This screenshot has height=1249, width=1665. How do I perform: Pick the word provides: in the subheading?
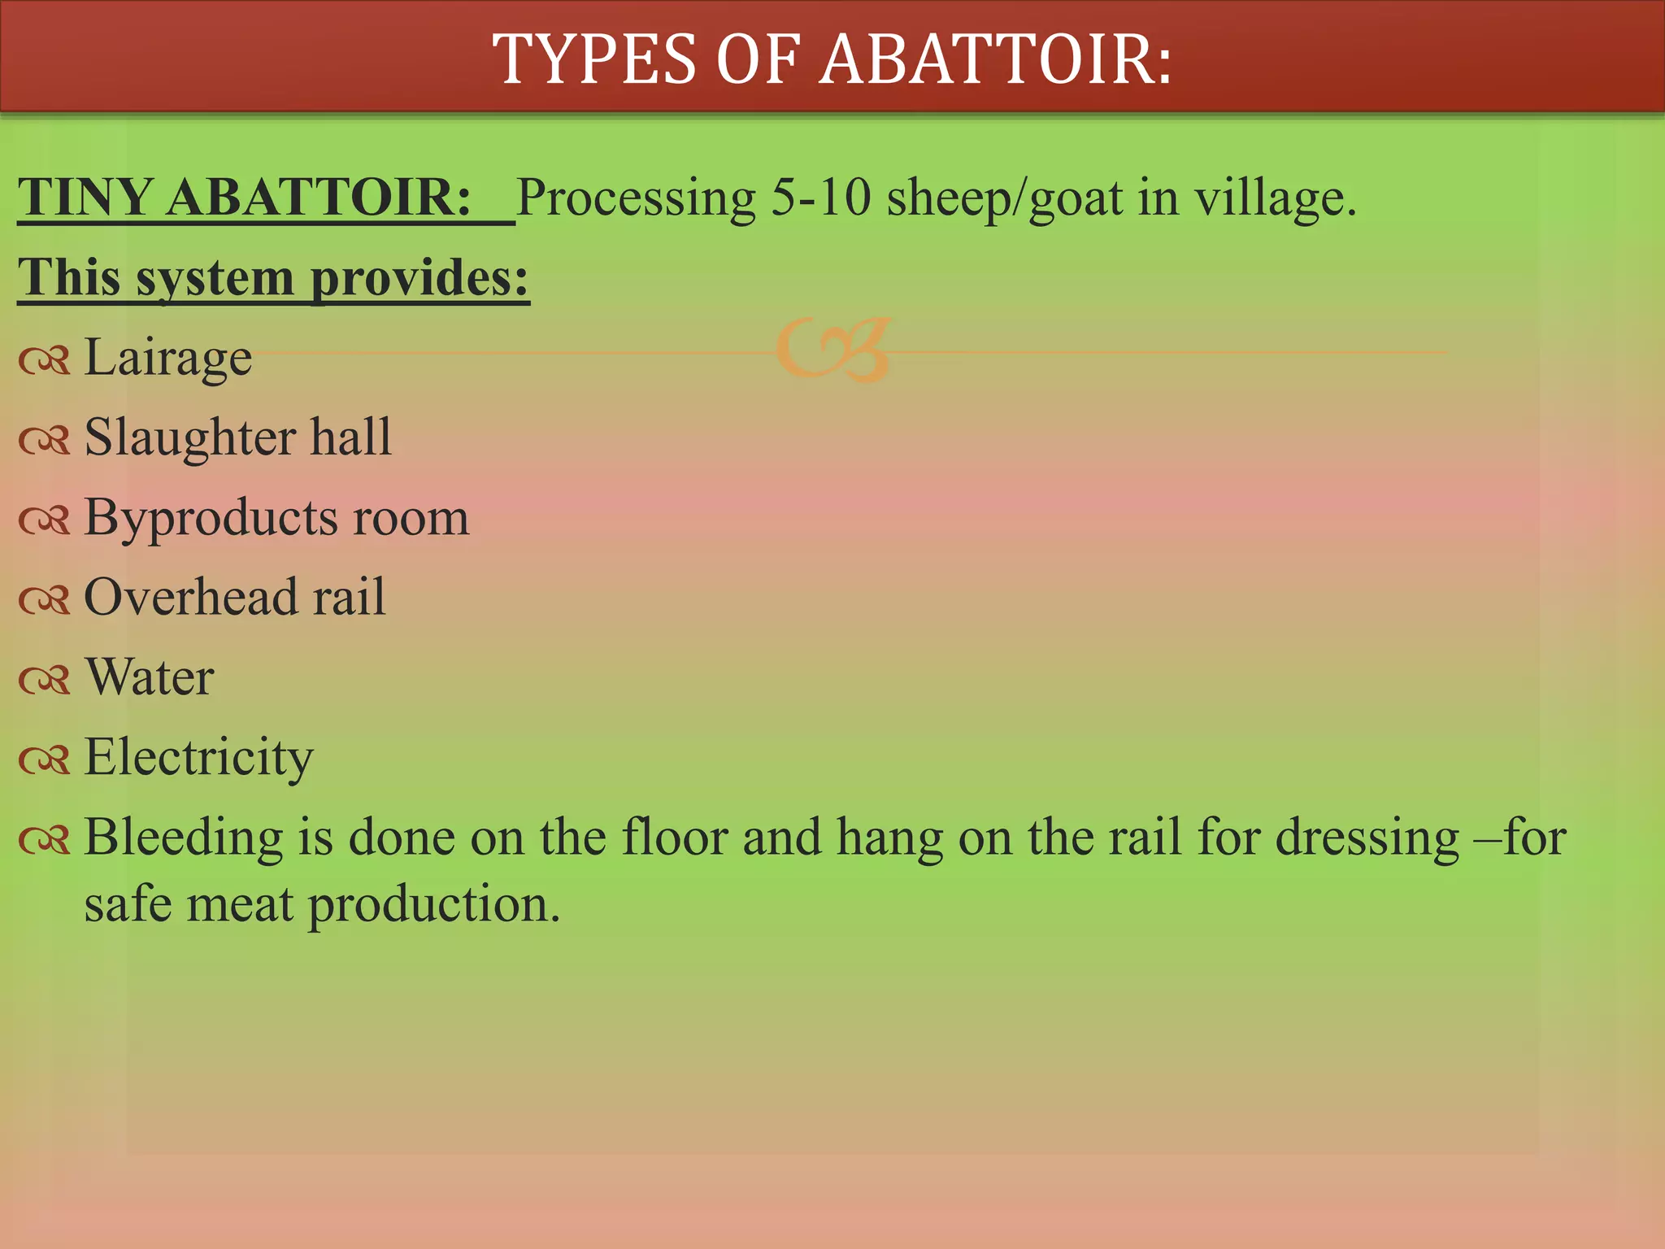[420, 279]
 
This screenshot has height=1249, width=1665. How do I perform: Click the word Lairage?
[168, 358]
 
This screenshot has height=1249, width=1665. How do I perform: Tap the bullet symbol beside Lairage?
[45, 360]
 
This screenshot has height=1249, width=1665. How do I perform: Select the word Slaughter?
[190, 437]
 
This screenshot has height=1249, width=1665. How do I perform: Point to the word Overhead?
[191, 598]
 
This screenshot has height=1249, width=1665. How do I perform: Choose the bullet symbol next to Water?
[45, 680]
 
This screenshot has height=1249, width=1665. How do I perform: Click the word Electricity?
[198, 758]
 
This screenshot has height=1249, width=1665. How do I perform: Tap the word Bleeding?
[184, 838]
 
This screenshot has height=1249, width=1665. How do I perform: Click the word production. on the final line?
[434, 904]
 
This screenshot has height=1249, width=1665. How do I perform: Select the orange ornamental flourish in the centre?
[833, 350]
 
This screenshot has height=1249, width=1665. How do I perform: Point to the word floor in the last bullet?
[674, 838]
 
